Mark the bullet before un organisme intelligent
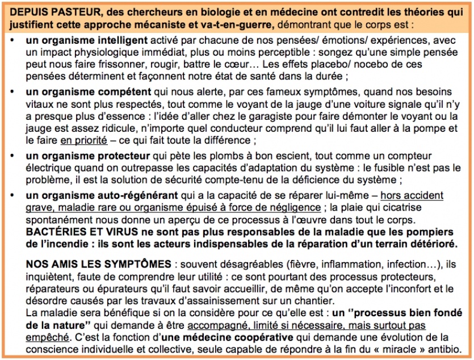[14, 41]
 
